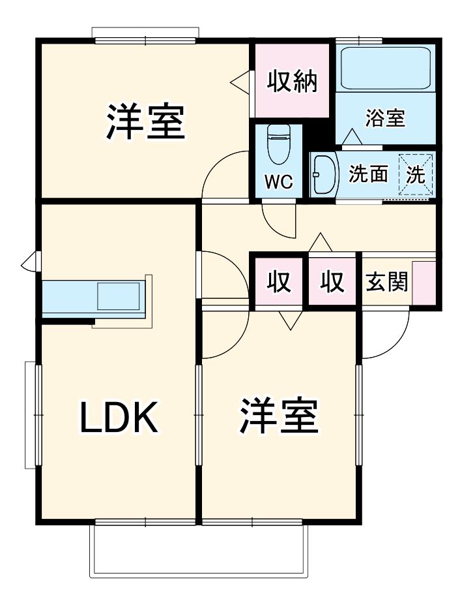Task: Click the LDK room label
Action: tap(119, 418)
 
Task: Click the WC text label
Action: tap(279, 181)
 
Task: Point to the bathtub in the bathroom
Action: tap(386, 68)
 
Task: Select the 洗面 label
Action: tap(368, 174)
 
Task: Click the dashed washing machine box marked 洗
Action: tap(416, 175)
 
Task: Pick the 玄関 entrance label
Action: tap(386, 282)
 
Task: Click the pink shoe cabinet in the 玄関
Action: tap(424, 283)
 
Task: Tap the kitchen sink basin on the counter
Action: tap(119, 296)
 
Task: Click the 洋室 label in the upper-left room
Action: tap(145, 121)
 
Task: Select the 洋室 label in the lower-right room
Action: tap(279, 416)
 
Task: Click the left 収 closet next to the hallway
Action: tap(279, 282)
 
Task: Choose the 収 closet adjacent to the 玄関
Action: tap(332, 282)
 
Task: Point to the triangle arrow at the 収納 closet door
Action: tap(240, 82)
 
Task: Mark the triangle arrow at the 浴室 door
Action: tap(352, 136)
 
